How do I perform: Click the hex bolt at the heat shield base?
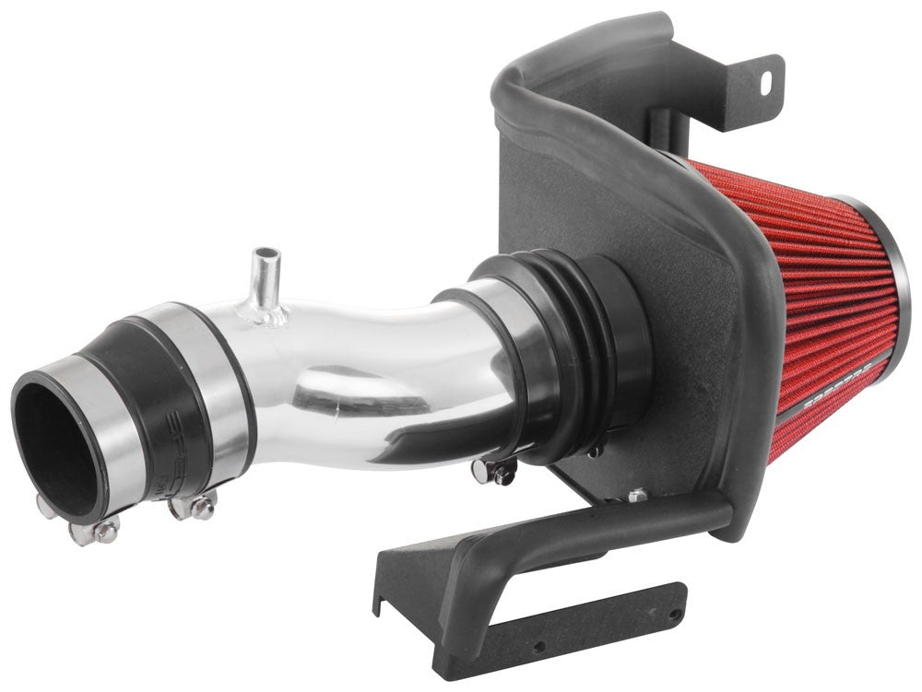coord(635,496)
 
